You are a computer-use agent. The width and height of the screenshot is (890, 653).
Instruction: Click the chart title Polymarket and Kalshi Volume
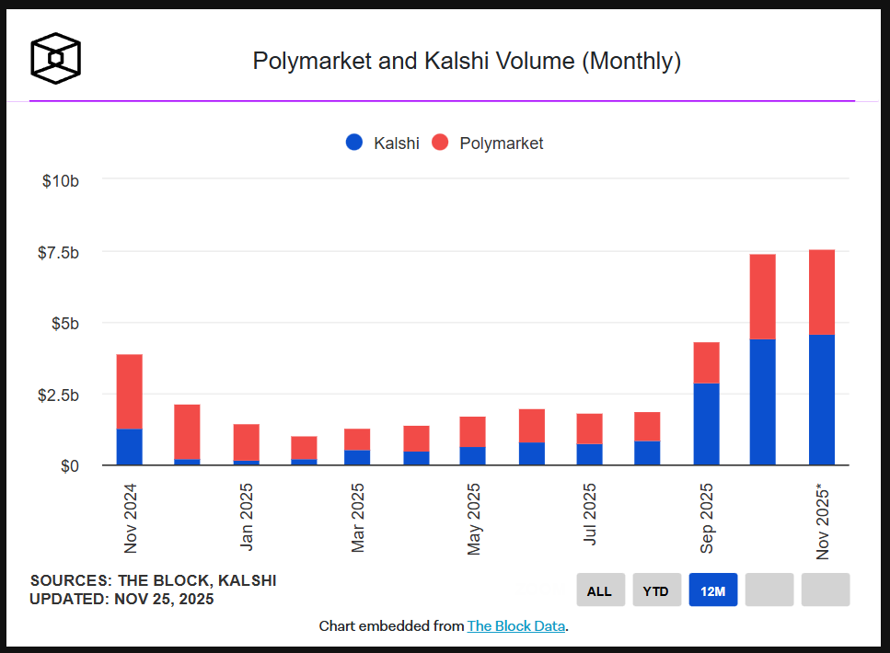(467, 62)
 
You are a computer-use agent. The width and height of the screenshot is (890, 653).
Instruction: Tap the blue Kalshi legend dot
(354, 143)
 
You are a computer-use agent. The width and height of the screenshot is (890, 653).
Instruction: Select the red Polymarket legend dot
(440, 143)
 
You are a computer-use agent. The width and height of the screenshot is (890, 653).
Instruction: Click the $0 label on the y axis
(68, 466)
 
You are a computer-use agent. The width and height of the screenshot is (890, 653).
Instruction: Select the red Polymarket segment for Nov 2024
(130, 392)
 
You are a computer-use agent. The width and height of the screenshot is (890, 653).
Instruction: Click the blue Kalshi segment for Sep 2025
(706, 424)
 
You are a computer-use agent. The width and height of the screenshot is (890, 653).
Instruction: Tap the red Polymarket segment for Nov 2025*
(822, 292)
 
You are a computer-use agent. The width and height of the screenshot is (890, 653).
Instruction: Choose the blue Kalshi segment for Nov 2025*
(822, 400)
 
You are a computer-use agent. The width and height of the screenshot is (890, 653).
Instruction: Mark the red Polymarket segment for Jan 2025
(246, 442)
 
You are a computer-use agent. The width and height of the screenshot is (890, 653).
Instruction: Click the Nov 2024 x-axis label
(130, 519)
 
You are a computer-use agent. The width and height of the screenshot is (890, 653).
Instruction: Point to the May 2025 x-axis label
(474, 520)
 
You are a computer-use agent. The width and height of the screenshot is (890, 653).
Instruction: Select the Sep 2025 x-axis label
(706, 520)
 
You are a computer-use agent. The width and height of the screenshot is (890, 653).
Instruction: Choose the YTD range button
(656, 590)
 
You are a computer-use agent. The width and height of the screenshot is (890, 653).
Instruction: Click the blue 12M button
(713, 590)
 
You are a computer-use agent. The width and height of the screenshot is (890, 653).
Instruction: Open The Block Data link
(516, 626)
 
